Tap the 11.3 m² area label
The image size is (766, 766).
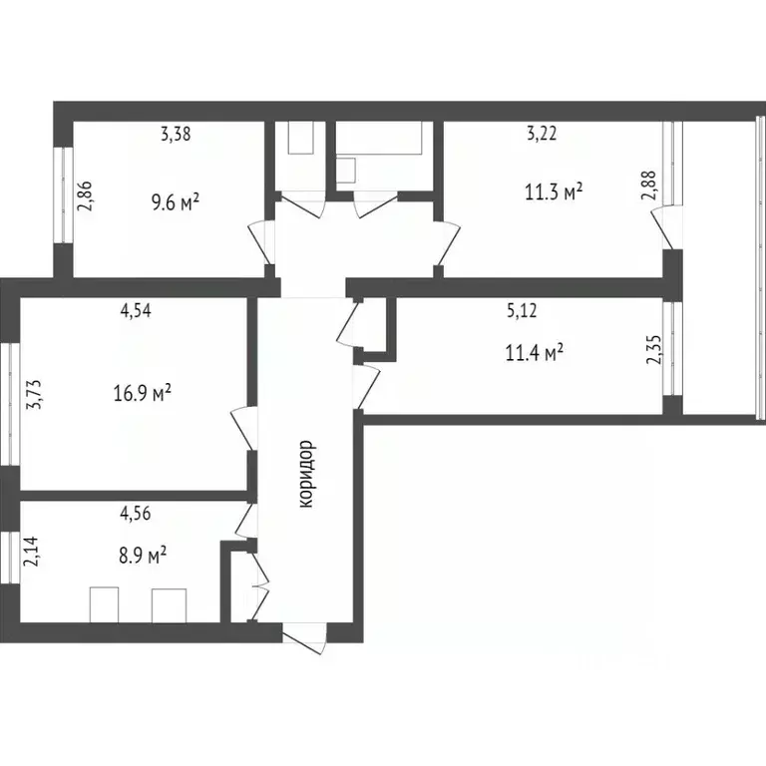pyautogui.click(x=554, y=191)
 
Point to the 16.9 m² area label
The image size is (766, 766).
pyautogui.click(x=142, y=394)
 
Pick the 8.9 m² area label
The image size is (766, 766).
pyautogui.click(x=143, y=556)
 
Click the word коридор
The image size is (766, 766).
pyautogui.click(x=306, y=475)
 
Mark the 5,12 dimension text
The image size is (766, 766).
pyautogui.click(x=522, y=310)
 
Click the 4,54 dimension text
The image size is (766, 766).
pyautogui.click(x=137, y=310)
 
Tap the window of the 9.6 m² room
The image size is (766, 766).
pyautogui.click(x=61, y=194)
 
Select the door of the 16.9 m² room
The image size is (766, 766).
pyautogui.click(x=242, y=429)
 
